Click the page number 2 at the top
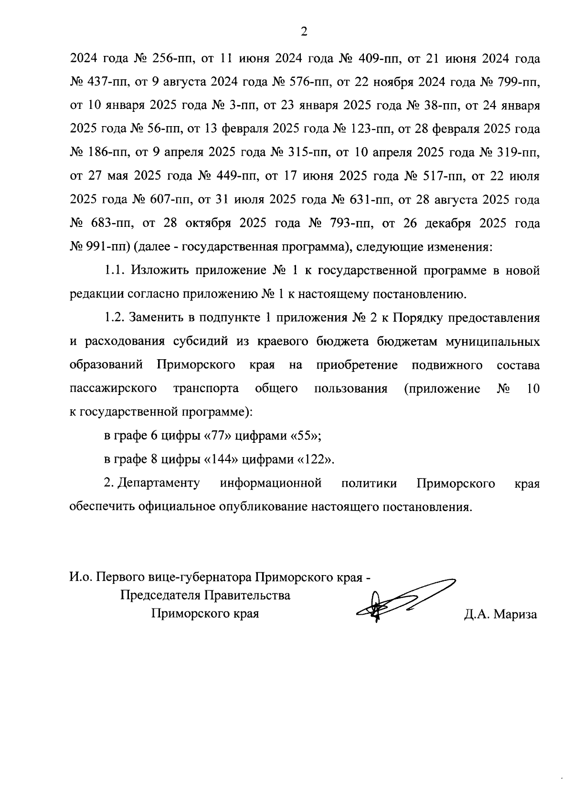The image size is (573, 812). (304, 32)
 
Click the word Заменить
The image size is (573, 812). (158, 318)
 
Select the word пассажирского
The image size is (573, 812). (113, 389)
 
